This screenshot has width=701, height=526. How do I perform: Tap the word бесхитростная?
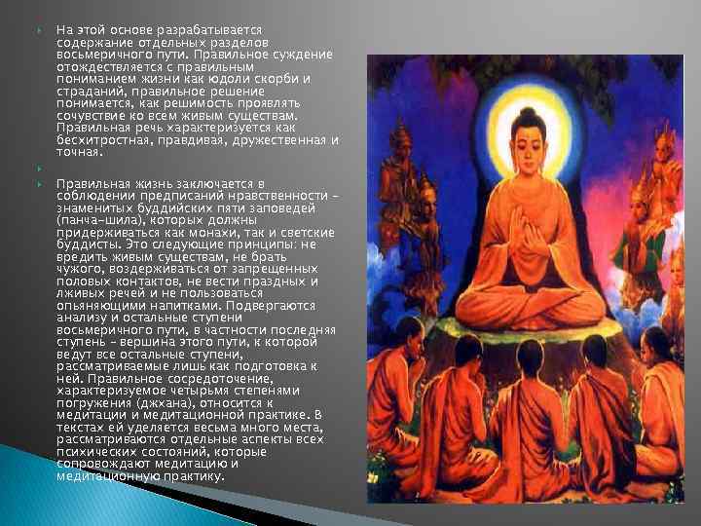click(105, 141)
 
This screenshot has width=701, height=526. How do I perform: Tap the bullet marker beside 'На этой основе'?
click(39, 30)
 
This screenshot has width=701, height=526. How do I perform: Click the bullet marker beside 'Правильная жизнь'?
click(39, 183)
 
